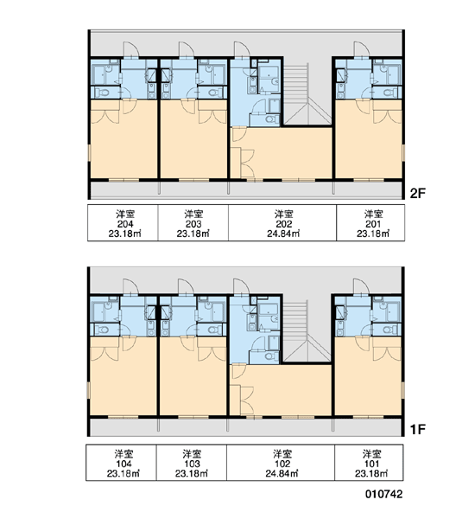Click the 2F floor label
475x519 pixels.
417,193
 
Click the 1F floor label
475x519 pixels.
417,430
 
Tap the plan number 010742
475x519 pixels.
384,494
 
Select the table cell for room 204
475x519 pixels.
123,223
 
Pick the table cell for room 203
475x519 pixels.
193,223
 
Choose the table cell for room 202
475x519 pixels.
282,223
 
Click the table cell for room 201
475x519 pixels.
370,223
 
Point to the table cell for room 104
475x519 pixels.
122,463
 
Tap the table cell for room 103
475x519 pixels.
192,463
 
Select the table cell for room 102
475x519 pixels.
281,463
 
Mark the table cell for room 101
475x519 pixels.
370,463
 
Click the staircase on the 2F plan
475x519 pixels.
307,93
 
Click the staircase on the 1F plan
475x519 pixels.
307,331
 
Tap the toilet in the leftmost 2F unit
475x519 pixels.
103,93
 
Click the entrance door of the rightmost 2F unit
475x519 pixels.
361,49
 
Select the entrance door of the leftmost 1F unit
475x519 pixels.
131,287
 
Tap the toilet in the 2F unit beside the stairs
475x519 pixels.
272,119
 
